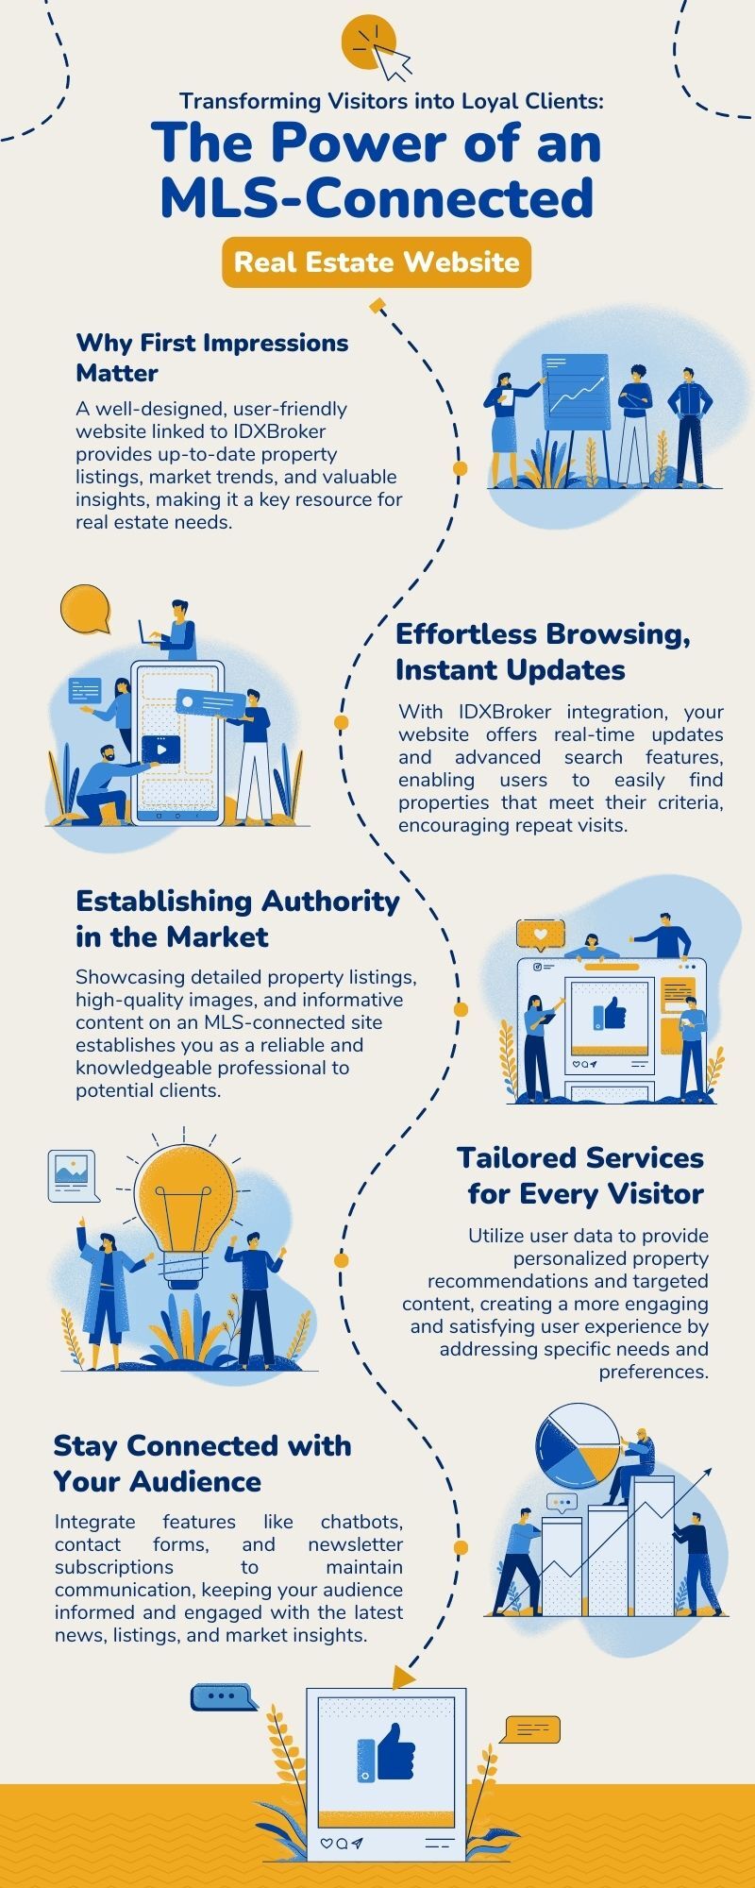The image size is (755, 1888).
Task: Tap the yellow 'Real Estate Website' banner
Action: (x=377, y=262)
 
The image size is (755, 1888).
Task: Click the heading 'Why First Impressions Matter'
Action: (x=212, y=357)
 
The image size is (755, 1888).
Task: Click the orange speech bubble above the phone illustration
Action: (x=85, y=610)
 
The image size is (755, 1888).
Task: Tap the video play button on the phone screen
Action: (x=161, y=750)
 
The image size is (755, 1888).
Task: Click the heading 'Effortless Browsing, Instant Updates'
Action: (x=543, y=651)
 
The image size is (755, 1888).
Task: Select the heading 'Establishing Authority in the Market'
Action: (x=238, y=919)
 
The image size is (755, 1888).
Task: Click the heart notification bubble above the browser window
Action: (x=541, y=935)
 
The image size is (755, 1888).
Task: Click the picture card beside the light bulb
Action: (x=73, y=1176)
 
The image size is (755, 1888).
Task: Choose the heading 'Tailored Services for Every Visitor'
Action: (x=580, y=1175)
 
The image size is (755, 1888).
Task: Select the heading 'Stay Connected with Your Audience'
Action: (x=202, y=1463)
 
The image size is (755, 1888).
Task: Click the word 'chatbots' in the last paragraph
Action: (x=361, y=1522)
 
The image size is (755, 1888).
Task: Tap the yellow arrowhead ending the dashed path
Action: (x=404, y=1677)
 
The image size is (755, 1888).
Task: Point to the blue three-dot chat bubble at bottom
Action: (x=223, y=1697)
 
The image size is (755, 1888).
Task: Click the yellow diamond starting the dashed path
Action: (x=377, y=305)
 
